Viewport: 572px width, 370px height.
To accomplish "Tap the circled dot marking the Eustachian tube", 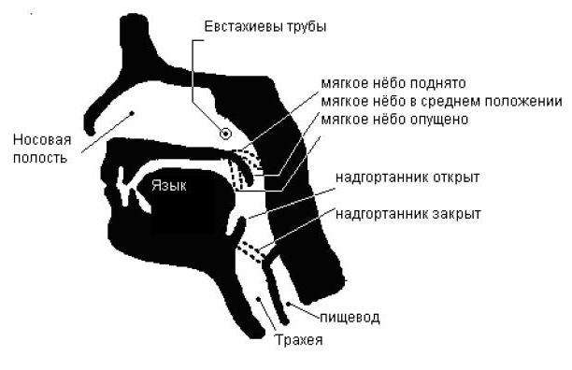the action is tap(225, 134).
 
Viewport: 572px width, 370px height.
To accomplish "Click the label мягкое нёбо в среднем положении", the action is tap(440, 102).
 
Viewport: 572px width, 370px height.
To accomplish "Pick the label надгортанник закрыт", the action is tap(408, 214).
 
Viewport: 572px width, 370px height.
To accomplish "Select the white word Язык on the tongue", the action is tap(169, 186).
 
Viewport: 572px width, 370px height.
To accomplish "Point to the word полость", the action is tap(39, 157).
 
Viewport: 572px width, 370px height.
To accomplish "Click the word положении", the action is tap(529, 102).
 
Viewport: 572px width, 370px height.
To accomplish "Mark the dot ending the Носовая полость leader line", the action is tap(133, 114).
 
